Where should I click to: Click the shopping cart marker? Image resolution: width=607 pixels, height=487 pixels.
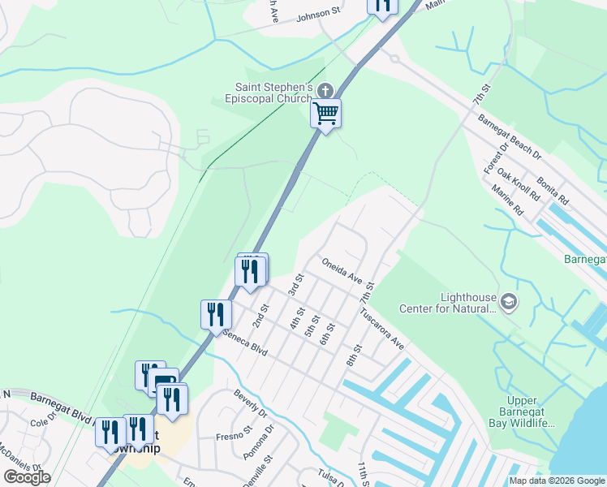[325, 114]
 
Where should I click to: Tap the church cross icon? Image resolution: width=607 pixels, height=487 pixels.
[325, 90]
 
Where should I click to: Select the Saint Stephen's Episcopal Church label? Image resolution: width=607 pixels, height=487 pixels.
[274, 93]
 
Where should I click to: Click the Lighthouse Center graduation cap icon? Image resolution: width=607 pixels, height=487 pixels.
[508, 302]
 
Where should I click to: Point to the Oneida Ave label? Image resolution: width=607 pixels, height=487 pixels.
[341, 271]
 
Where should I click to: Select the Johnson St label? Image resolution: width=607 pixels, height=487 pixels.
[319, 15]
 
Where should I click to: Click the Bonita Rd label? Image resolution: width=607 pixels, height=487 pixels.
[552, 188]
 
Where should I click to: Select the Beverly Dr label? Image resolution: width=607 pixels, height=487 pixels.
[250, 403]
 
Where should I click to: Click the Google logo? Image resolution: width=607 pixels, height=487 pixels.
[27, 476]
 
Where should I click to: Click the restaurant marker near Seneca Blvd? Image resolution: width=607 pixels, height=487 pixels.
[216, 314]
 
